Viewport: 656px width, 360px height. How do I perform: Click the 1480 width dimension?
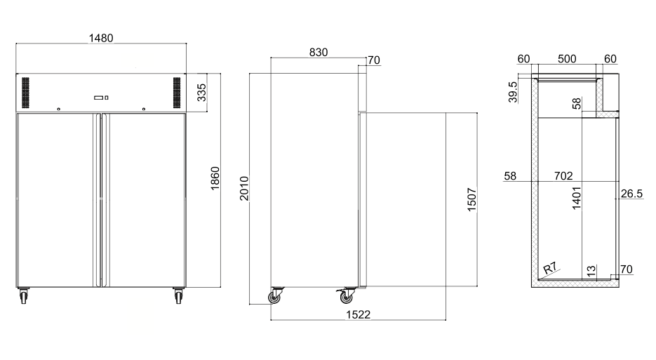click(x=101, y=38)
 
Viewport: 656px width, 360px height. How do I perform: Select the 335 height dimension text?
click(x=201, y=92)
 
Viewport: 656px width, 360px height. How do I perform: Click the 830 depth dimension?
click(x=318, y=52)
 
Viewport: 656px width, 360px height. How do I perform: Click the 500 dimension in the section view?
click(x=568, y=59)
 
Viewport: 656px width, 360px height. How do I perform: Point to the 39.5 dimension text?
click(x=513, y=92)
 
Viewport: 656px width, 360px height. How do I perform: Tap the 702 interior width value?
click(x=563, y=175)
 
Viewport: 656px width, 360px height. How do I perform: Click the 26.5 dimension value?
click(x=631, y=194)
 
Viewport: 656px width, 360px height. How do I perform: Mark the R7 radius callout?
click(x=551, y=267)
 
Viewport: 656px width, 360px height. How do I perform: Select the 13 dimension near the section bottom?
click(x=591, y=270)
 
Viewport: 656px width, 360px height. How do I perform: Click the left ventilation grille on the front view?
click(x=27, y=93)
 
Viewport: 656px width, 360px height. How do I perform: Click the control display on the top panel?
click(x=101, y=98)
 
